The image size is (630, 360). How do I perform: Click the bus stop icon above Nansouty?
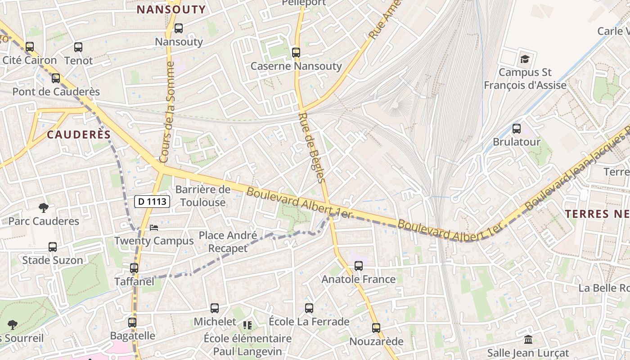tap(179, 28)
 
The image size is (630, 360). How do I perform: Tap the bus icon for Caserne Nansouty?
tap(296, 53)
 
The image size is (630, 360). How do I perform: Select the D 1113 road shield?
tap(152, 202)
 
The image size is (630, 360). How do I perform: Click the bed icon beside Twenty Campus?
tap(154, 227)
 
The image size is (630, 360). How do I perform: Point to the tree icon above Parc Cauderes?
tap(44, 207)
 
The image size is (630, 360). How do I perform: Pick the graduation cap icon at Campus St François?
tap(525, 59)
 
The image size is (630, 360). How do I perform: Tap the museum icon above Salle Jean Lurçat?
tap(528, 339)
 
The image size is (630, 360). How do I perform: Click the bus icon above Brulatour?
tap(517, 128)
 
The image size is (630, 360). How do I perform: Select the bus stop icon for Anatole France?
tap(359, 266)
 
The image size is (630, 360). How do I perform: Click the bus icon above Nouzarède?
tap(376, 328)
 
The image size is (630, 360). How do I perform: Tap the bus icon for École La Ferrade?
tap(309, 308)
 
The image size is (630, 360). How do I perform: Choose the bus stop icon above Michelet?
tap(215, 308)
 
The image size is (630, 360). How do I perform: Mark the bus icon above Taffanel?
tap(134, 268)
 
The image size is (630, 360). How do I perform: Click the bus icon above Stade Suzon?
tap(53, 247)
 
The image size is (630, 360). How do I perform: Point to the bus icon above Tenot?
tap(78, 47)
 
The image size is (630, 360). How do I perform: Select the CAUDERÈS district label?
tap(79, 135)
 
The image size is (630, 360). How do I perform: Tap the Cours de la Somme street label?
tap(167, 112)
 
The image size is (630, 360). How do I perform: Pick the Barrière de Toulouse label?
tap(203, 196)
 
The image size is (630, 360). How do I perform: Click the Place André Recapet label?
tap(228, 242)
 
